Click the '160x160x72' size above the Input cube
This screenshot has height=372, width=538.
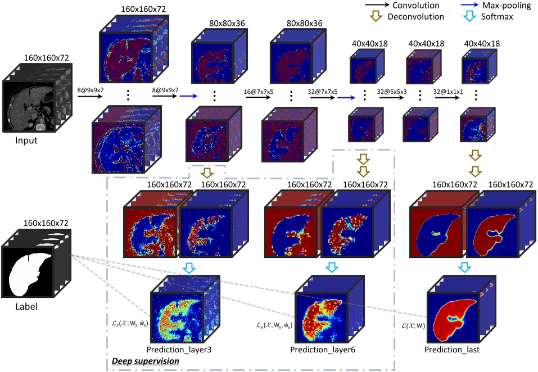pyautogui.click(x=46, y=58)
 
